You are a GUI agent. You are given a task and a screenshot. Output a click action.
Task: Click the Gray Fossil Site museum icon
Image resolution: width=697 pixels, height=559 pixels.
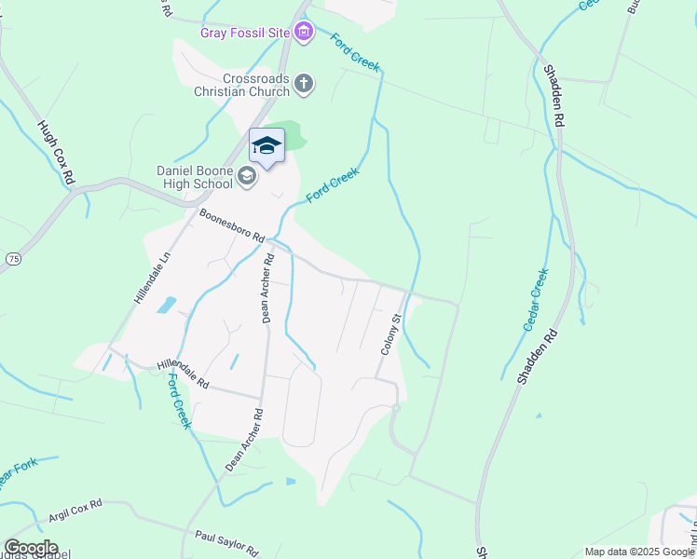point(303,34)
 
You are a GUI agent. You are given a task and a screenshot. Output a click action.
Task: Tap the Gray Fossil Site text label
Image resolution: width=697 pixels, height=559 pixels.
point(245,34)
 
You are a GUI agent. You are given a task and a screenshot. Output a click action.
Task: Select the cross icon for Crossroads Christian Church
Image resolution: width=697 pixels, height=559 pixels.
point(303,85)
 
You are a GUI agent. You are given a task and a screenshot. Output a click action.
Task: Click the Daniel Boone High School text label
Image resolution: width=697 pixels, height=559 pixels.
point(194,177)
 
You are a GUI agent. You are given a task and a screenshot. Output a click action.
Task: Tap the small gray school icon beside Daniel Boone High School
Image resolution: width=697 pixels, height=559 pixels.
point(247,176)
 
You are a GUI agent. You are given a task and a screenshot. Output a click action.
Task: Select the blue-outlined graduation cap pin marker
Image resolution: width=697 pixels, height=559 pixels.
point(266,146)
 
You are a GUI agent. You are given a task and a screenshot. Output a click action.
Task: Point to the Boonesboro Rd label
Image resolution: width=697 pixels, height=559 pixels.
point(232,226)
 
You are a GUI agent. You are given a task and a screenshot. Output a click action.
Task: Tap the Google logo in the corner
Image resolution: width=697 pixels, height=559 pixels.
point(31,548)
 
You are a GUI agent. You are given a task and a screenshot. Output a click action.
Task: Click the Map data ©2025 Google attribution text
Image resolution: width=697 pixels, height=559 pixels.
point(638,552)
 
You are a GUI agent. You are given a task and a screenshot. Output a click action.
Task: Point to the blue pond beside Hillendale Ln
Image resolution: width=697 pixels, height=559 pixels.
point(167,304)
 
